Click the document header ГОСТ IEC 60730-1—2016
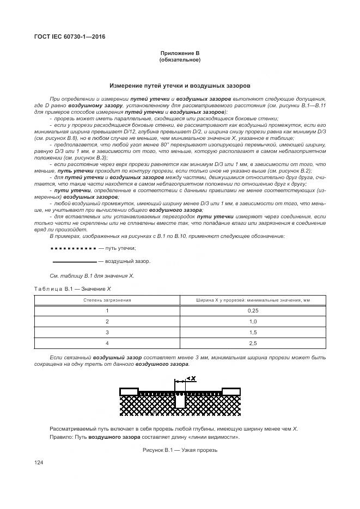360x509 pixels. point(70,36)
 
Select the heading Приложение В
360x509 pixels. point(180,53)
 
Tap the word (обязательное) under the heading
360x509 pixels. point(180,60)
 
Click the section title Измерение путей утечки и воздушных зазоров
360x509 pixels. point(180,85)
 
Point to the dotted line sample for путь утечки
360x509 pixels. point(73,248)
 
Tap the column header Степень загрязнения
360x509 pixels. point(107,300)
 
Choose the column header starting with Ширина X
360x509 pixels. point(252,300)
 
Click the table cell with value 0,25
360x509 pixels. point(252,310)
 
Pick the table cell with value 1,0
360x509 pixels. point(252,321)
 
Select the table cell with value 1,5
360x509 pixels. point(252,332)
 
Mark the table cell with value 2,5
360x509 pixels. point(252,344)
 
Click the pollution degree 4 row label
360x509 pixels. point(107,344)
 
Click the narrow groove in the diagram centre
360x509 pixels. point(180,401)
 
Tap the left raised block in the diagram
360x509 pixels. point(129,391)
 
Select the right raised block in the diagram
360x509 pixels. point(231,391)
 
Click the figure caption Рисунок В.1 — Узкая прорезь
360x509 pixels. point(180,450)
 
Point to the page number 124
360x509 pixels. point(39,463)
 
